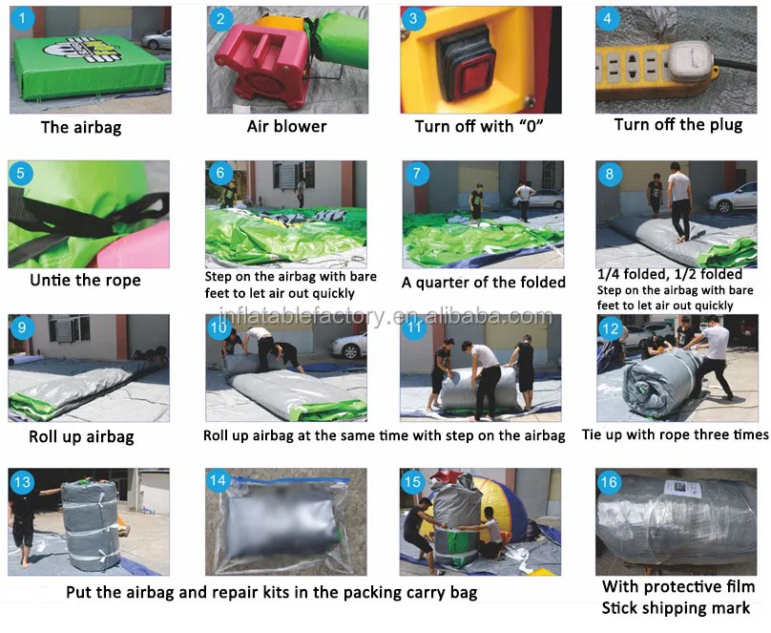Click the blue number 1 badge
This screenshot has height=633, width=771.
pyautogui.click(x=23, y=19)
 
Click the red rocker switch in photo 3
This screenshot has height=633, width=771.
pyautogui.click(x=471, y=76)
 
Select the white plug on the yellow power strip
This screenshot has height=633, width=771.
pyautogui.click(x=689, y=60)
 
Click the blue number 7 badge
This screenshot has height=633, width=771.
pyautogui.click(x=417, y=174)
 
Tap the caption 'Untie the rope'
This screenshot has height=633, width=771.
pyautogui.click(x=86, y=281)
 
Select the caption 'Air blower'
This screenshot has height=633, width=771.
pyautogui.click(x=286, y=126)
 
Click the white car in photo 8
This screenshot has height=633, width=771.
pyautogui.click(x=732, y=198)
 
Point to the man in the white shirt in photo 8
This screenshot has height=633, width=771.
pyautogui.click(x=679, y=201)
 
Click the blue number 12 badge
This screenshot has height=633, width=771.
pyautogui.click(x=610, y=328)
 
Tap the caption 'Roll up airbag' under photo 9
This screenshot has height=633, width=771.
pyautogui.click(x=81, y=436)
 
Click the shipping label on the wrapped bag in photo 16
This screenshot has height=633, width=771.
pyautogui.click(x=681, y=489)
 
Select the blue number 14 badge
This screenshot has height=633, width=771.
pyautogui.click(x=218, y=481)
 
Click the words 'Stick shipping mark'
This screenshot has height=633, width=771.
pyautogui.click(x=677, y=608)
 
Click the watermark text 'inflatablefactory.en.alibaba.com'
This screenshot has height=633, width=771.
pyautogui.click(x=385, y=316)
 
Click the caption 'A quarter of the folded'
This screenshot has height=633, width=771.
pyautogui.click(x=484, y=283)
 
